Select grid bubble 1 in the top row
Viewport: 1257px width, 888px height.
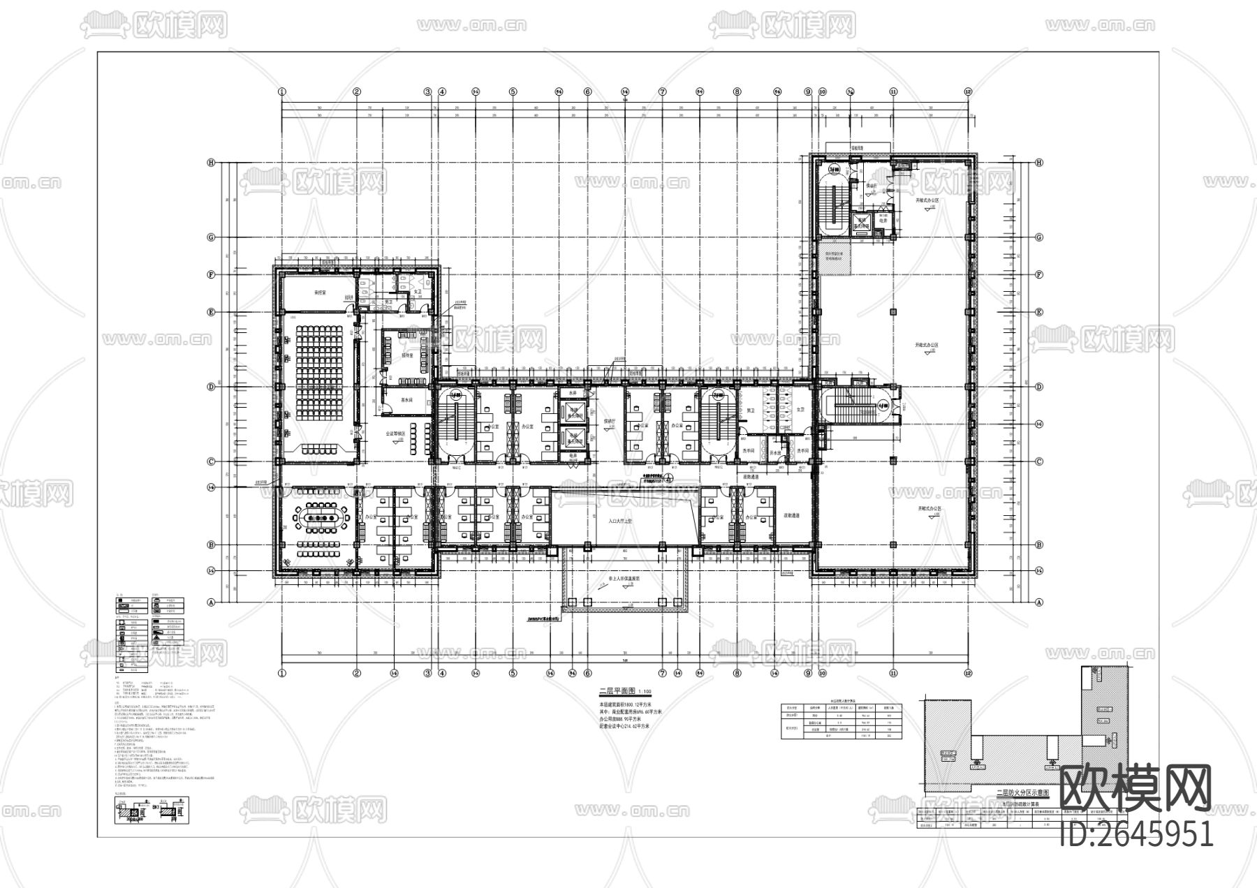282,91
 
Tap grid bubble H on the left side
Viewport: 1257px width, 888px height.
210,162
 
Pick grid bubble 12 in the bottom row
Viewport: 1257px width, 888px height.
968,674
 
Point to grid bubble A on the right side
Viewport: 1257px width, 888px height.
1039,602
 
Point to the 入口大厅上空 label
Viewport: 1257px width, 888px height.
620,521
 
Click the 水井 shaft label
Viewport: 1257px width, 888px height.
573,394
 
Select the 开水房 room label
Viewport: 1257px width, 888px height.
774,452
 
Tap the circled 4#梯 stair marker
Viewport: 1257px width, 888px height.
833,170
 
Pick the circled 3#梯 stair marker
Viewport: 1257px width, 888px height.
883,404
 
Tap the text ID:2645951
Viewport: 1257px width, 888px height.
1136,834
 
